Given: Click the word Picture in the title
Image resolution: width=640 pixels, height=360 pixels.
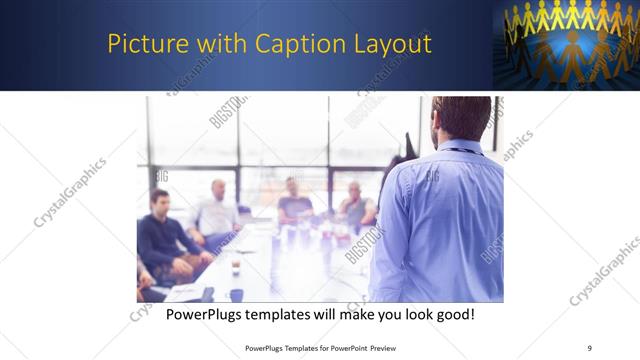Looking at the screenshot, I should coord(143,45).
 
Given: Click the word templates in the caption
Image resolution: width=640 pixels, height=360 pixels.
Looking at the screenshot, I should coord(289,314).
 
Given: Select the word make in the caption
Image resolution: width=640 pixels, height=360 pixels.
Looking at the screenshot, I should coord(346,314).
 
